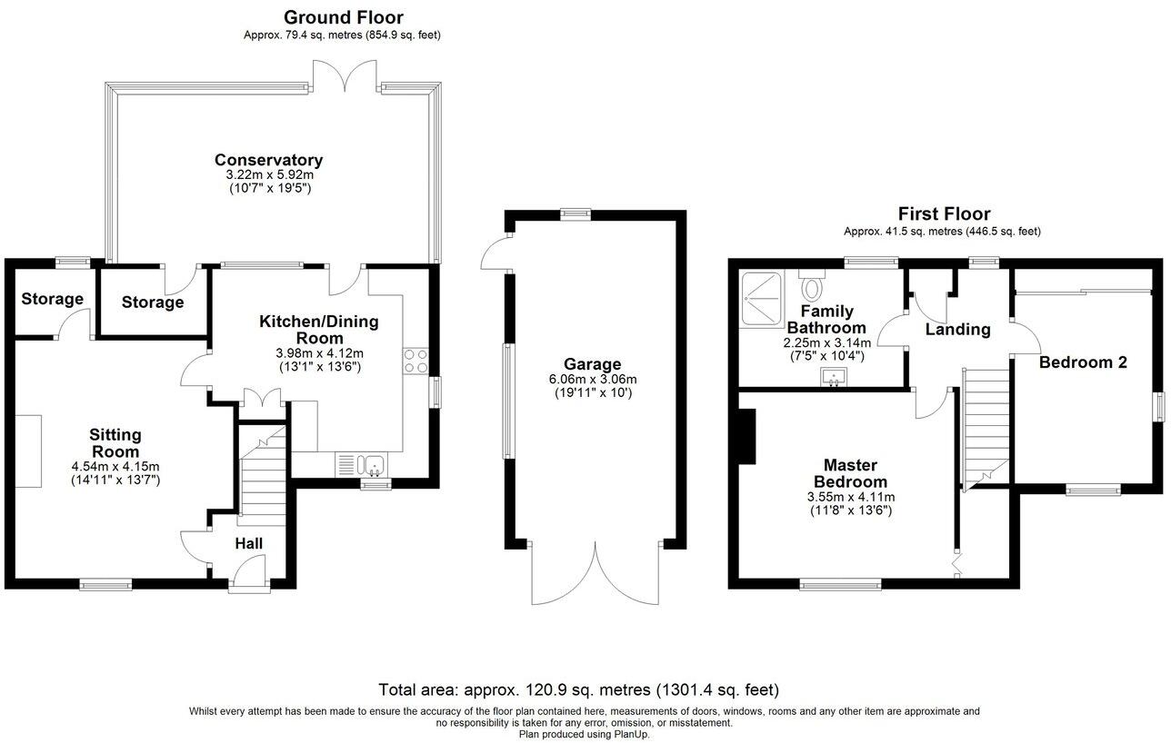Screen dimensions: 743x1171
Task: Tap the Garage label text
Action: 591,364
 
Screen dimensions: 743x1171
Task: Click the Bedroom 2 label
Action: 1083,362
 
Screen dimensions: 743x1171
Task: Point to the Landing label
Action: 957,330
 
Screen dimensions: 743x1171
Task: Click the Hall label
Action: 249,543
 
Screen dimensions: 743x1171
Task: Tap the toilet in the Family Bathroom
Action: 812,288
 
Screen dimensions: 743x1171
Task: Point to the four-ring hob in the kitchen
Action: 415,362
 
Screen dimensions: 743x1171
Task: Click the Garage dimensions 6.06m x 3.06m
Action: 592,380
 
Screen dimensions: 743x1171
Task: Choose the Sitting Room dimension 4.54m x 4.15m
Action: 115,467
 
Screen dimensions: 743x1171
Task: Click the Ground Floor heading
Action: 343,17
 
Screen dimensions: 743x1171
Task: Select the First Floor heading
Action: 944,214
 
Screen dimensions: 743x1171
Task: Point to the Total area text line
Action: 578,690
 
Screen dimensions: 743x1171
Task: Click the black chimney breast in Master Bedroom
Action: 747,436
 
